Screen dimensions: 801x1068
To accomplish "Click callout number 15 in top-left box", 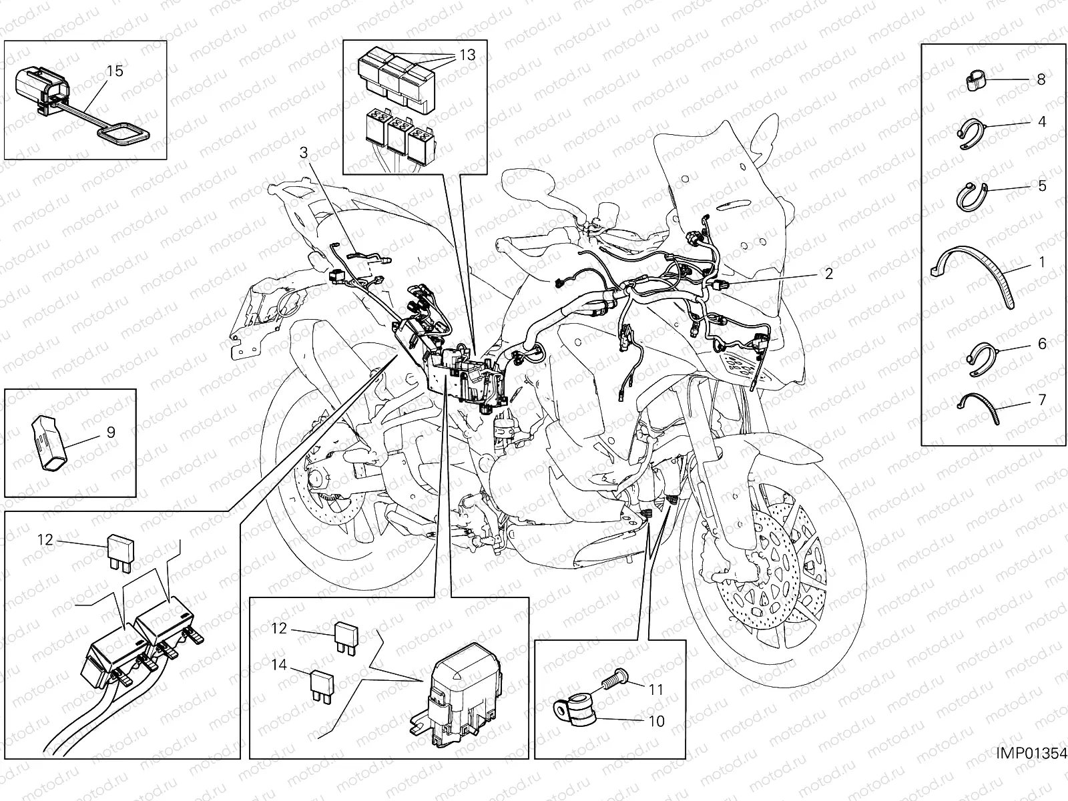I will point(115,71).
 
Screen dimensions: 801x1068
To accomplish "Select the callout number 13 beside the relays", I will point(467,55).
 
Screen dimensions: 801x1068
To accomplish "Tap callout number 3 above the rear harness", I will point(303,153).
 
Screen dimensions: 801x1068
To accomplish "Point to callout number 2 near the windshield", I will point(828,274).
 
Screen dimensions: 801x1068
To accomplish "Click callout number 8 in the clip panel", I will point(1041,79).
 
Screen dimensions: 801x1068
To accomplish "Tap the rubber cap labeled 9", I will point(49,442).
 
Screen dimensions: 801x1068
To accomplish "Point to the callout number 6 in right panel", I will point(1041,344).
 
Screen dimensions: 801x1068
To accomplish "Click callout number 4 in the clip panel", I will point(1041,122).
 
